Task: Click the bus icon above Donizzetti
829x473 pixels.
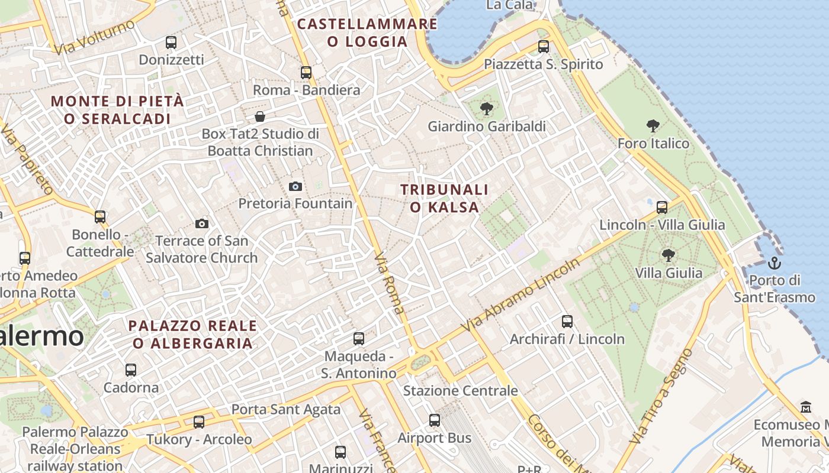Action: (171, 42)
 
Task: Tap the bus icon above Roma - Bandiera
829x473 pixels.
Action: (306, 73)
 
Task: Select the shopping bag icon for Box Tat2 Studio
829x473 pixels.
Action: (259, 116)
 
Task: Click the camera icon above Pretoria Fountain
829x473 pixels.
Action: (295, 186)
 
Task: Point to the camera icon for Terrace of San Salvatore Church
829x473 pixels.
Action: (202, 223)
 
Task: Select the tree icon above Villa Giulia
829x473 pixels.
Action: (669, 255)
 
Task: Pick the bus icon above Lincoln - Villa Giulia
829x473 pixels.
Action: (662, 208)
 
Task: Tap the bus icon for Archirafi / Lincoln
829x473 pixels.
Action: (567, 322)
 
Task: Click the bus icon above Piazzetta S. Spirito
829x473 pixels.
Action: (544, 47)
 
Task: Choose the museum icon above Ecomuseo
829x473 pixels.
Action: (806, 407)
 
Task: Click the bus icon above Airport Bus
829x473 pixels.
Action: (435, 420)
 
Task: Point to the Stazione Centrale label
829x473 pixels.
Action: (460, 391)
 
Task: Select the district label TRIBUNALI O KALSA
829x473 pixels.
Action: (444, 198)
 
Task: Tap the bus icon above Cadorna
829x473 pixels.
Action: (131, 370)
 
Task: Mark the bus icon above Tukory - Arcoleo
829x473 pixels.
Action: (199, 422)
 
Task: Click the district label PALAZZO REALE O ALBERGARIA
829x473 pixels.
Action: (192, 334)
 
